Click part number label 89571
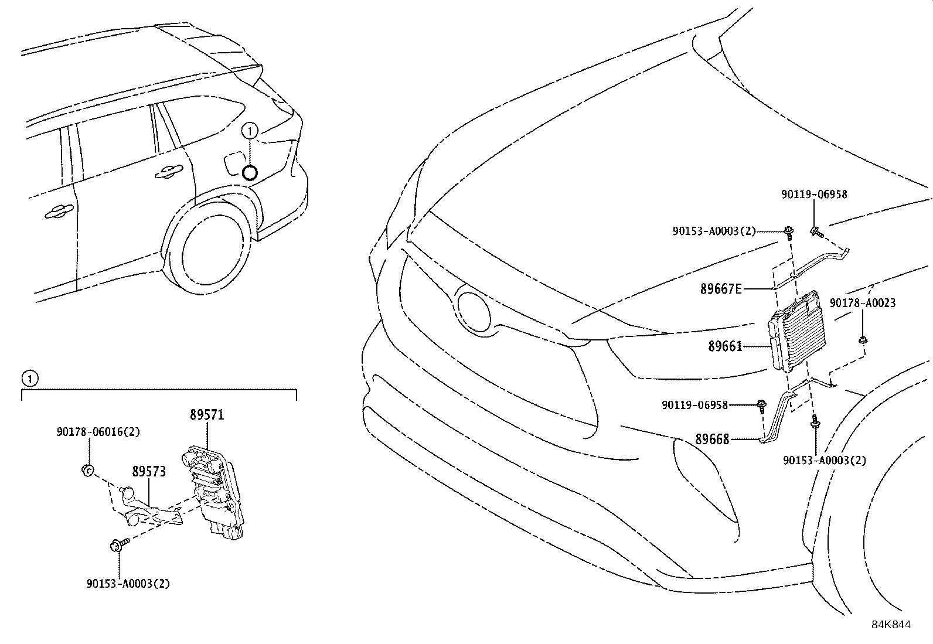[x=207, y=415]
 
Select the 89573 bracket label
[x=149, y=471]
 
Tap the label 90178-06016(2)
[x=98, y=432]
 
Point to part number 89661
[x=725, y=346]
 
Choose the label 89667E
[x=721, y=288]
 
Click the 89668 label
[x=712, y=438]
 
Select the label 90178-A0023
[x=862, y=303]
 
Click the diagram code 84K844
[x=891, y=625]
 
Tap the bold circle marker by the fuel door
[x=250, y=172]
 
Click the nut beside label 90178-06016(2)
[x=87, y=469]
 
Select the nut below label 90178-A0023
[x=863, y=339]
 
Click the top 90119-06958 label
[x=813, y=195]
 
